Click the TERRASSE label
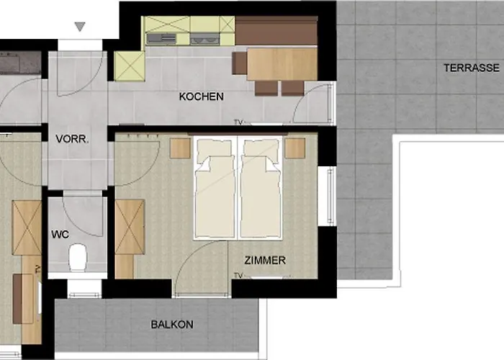click(x=472, y=68)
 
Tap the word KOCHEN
click(x=201, y=96)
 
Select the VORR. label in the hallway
click(x=72, y=140)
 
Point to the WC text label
click(x=59, y=235)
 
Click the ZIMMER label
click(x=265, y=261)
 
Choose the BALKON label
click(x=171, y=325)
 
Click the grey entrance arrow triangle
click(x=80, y=27)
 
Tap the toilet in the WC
click(x=77, y=256)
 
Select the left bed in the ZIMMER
click(x=215, y=189)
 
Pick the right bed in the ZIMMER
click(x=259, y=189)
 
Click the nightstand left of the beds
click(x=179, y=148)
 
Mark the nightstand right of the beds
click(x=294, y=148)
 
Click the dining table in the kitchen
click(x=282, y=63)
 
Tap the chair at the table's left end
click(x=239, y=63)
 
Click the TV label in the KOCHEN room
click(x=238, y=122)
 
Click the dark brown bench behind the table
click(x=276, y=32)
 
